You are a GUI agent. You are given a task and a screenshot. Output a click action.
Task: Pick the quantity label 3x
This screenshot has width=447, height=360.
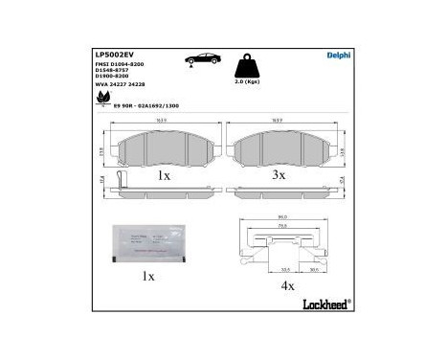click(277, 177)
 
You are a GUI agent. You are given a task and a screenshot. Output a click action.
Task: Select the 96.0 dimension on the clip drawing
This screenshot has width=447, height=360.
click(283, 219)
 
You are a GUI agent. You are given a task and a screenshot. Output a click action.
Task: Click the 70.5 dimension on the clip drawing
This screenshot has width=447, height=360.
click(283, 228)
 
